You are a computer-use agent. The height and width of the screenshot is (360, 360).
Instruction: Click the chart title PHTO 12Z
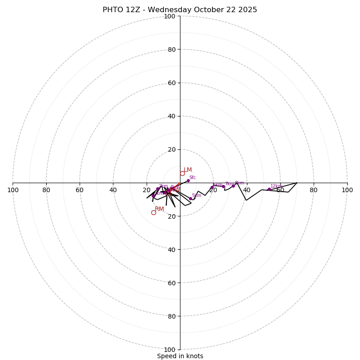180,10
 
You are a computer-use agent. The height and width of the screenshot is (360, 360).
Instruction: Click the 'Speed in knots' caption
180,356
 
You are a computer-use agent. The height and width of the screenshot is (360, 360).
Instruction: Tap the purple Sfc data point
188,180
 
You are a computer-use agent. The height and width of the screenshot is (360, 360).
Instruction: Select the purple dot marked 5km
190,198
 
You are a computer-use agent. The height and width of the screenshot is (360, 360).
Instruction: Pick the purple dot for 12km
269,189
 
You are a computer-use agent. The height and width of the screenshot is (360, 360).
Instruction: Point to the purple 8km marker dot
233,185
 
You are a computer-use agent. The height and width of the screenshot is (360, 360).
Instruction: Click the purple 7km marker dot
223,186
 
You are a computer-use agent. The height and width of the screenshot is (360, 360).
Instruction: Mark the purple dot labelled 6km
212,187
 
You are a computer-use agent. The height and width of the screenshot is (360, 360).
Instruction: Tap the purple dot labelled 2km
157,189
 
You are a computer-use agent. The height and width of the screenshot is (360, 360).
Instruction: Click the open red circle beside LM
182,173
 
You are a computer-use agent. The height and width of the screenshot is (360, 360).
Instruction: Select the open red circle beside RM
153,212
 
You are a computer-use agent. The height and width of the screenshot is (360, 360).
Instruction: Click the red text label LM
188,170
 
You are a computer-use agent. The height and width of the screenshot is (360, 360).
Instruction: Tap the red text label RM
159,209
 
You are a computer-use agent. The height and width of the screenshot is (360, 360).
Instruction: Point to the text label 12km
276,186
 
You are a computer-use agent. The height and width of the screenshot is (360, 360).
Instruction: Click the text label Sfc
192,177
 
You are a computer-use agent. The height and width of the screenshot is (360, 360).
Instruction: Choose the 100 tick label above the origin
170,16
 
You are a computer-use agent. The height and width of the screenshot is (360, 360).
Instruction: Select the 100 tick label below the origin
170,350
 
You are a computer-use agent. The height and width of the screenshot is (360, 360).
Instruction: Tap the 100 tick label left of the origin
13,190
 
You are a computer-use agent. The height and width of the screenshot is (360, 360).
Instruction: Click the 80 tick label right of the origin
314,190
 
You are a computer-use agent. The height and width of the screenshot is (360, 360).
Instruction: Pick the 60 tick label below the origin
171,283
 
